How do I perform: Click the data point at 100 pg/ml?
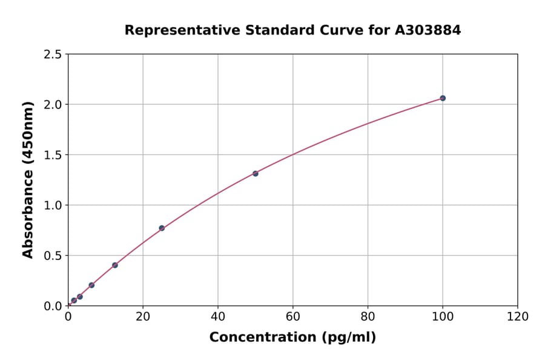click(443, 98)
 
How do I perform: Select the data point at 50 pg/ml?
click(256, 173)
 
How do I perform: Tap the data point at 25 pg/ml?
click(162, 228)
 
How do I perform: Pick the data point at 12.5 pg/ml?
click(115, 265)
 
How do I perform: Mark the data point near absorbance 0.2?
click(91, 285)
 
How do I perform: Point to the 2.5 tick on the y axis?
click(53, 55)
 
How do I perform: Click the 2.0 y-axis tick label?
click(53, 105)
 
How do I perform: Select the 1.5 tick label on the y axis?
click(53, 155)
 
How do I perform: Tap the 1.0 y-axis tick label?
click(53, 205)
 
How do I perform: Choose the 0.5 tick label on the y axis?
click(53, 256)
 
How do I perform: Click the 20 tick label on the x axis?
click(143, 316)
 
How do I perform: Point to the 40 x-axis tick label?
click(218, 316)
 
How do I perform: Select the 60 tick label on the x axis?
click(293, 316)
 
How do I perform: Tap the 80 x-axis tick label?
click(368, 316)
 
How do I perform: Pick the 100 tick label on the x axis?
click(443, 316)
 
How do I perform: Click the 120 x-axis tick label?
click(518, 316)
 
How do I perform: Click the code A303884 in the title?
click(429, 30)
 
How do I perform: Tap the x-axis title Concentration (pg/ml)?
click(292, 338)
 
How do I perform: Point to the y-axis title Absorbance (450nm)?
click(28, 179)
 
